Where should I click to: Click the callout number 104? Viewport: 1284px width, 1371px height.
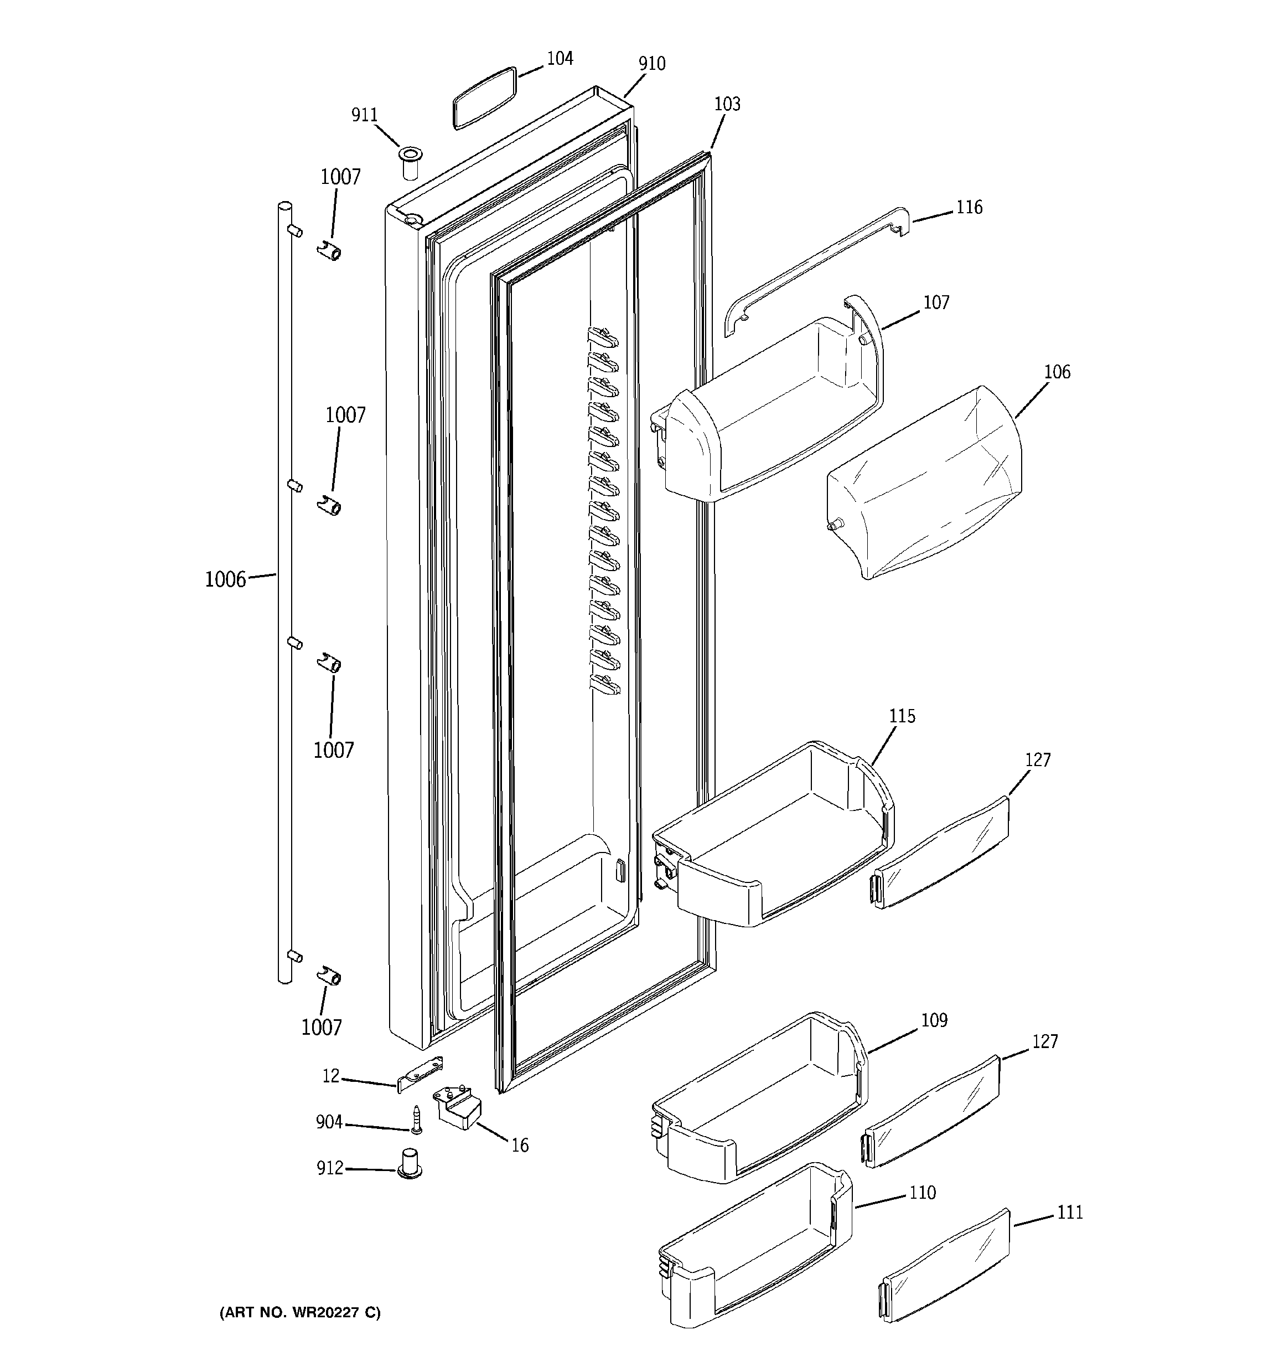coord(559,59)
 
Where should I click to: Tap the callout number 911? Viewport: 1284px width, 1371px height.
coord(365,115)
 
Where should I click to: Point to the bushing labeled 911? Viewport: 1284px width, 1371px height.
coord(411,163)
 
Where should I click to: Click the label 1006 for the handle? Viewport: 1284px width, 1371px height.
coord(225,580)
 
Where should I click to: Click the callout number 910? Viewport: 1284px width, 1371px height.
coord(651,64)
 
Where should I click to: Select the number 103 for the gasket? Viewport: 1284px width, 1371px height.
coord(727,104)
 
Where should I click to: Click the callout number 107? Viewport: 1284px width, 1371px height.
coord(936,303)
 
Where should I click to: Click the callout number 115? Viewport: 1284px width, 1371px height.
coord(902,717)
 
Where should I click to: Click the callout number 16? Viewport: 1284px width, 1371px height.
coord(520,1146)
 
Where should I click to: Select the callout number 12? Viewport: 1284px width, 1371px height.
coord(331,1076)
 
